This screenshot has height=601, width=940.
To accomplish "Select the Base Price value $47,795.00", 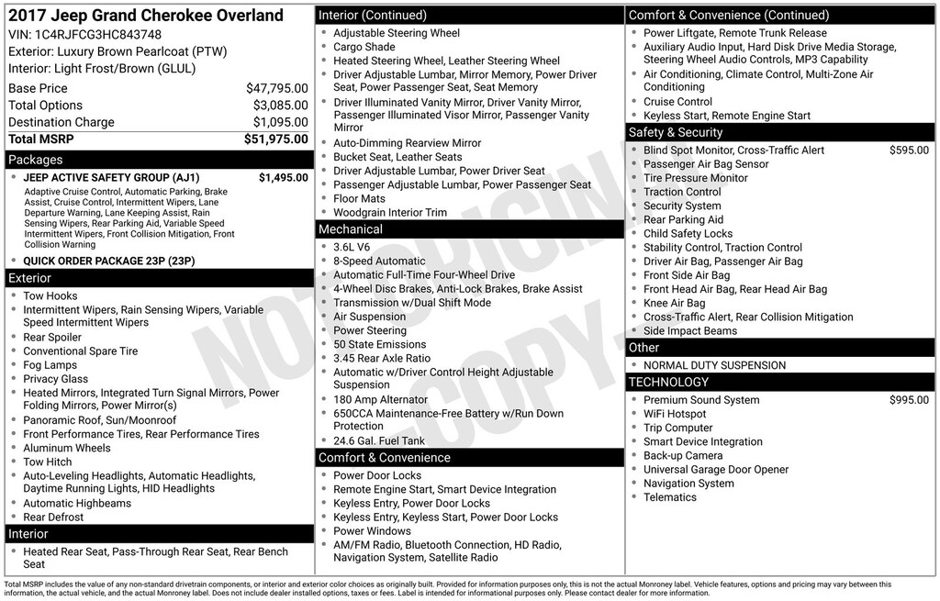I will point(276,89).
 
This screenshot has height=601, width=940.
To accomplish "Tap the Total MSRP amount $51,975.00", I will point(275,139).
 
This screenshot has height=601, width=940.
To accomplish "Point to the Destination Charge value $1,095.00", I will point(280,123).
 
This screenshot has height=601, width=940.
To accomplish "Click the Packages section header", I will point(36,160).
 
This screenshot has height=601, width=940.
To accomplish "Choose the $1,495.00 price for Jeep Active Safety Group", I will point(283,178).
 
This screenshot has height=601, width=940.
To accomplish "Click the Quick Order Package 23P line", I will point(108,261).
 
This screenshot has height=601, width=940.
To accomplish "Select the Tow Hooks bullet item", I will point(50,296).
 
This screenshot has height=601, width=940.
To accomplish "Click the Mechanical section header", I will point(351,229).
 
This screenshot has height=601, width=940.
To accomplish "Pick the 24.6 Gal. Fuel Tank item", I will point(379,440).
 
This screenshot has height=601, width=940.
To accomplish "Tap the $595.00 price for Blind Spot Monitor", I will point(909,150).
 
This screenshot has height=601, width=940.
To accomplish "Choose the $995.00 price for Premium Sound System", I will point(909,400).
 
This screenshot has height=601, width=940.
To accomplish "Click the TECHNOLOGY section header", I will point(668,382).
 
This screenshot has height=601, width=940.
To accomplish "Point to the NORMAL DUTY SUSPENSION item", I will point(714,365).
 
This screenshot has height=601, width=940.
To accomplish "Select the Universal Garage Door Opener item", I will point(716,470).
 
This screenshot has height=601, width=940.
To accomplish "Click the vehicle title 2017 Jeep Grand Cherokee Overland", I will point(146,16).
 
